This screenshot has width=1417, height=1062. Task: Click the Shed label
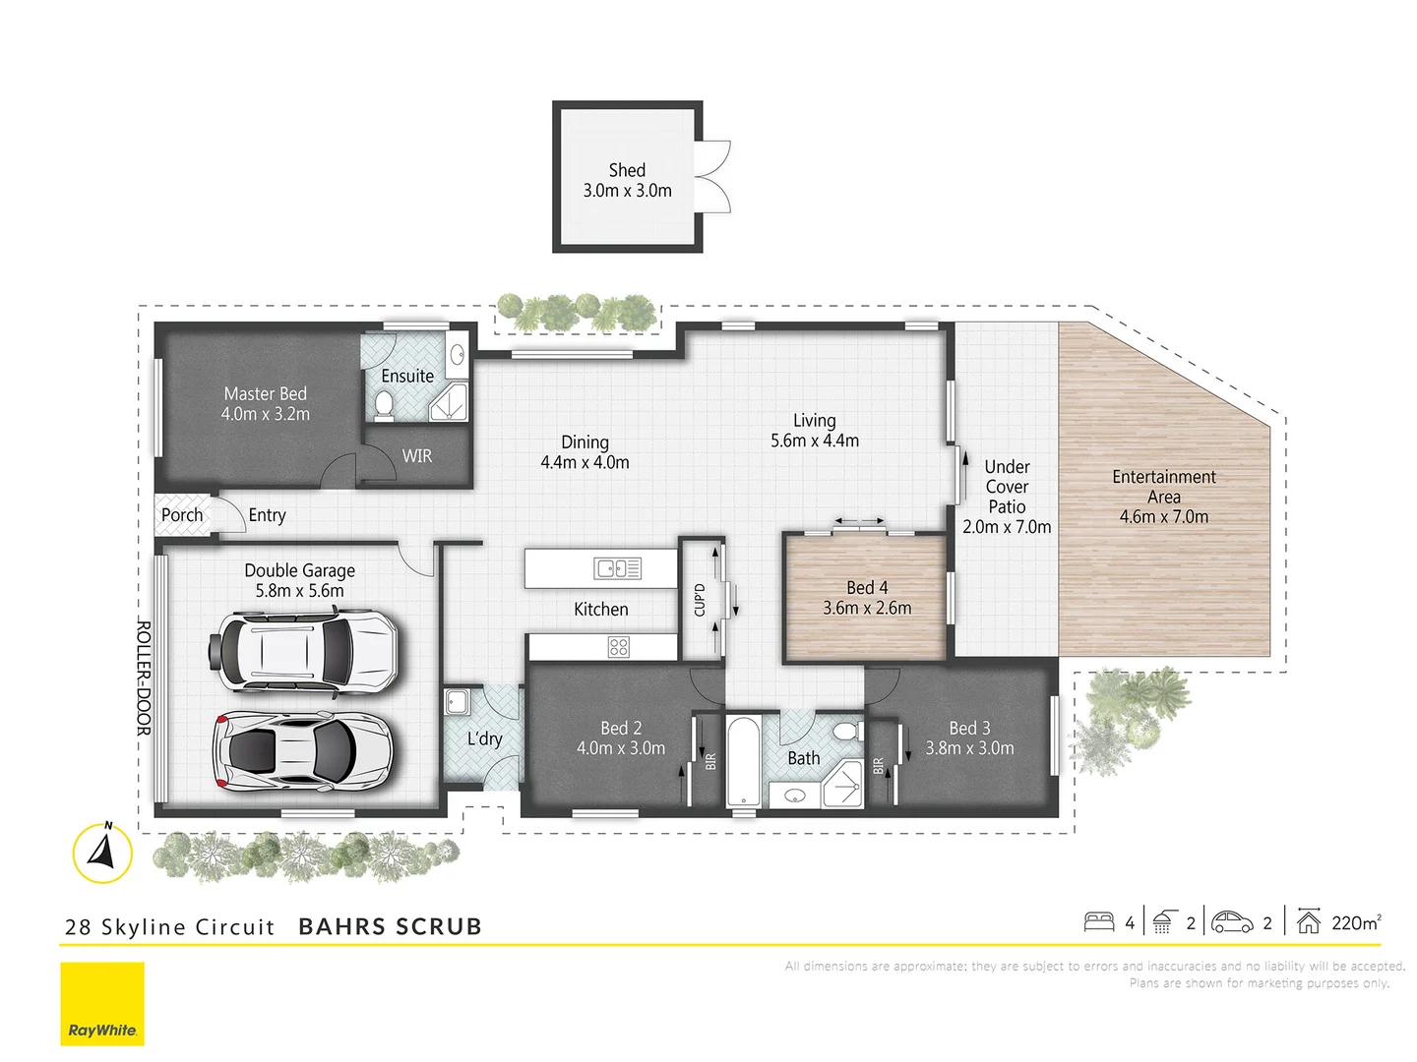pyautogui.click(x=627, y=170)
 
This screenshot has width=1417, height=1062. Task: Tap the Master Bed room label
pyautogui.click(x=265, y=393)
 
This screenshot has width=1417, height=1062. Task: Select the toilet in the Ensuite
pyautogui.click(x=384, y=404)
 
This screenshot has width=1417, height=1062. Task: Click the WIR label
pyautogui.click(x=416, y=456)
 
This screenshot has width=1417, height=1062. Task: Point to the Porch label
pyautogui.click(x=182, y=515)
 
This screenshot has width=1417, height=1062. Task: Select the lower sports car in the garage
pyautogui.click(x=303, y=751)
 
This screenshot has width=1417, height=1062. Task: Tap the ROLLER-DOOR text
pyautogui.click(x=144, y=678)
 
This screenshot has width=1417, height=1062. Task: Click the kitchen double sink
pyautogui.click(x=617, y=568)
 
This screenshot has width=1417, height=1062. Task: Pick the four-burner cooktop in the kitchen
pyautogui.click(x=618, y=647)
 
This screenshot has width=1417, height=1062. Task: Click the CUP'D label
pyautogui.click(x=700, y=600)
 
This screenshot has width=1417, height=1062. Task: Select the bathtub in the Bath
pyautogui.click(x=743, y=762)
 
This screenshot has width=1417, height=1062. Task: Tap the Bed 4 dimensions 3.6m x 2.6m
pyautogui.click(x=867, y=609)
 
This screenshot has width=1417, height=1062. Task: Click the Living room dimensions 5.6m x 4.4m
pyautogui.click(x=814, y=442)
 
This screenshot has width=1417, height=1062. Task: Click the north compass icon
pyautogui.click(x=102, y=852)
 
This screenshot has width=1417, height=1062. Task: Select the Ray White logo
pyautogui.click(x=102, y=1004)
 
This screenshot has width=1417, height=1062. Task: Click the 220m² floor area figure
pyautogui.click(x=1356, y=922)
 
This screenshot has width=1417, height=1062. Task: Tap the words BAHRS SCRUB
pyautogui.click(x=390, y=926)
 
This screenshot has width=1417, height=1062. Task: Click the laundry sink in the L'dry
pyautogui.click(x=457, y=702)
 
